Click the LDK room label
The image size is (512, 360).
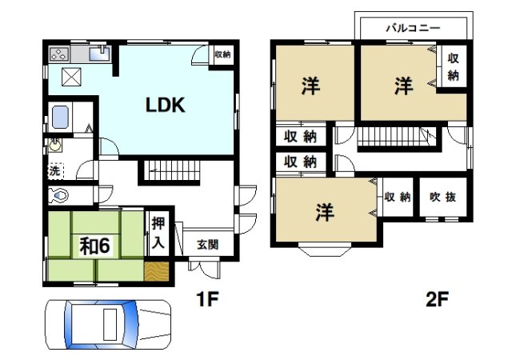[165, 104]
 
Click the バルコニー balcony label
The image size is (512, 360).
[411, 26]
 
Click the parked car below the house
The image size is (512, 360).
[109, 324]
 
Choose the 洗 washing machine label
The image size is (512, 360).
[53, 171]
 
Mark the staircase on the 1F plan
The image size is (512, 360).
[171, 170]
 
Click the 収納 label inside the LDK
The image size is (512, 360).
[222, 55]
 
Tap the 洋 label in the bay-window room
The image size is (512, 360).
[323, 212]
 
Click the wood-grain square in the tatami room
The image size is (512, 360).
[157, 271]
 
